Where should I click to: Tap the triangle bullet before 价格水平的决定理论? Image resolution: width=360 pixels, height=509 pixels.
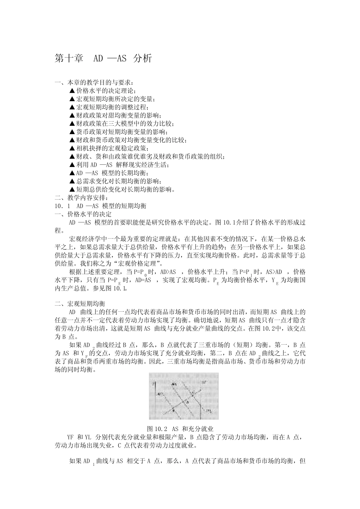click(x=72, y=91)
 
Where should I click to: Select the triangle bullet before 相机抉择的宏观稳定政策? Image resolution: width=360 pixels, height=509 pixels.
click(x=72, y=148)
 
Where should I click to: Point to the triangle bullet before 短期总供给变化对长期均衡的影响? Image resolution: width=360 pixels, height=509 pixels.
click(x=72, y=189)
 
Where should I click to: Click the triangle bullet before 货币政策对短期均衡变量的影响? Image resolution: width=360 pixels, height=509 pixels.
click(x=72, y=132)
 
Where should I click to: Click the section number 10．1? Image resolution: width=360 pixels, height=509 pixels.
click(x=63, y=206)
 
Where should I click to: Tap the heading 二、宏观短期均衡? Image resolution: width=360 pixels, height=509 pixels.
click(x=81, y=304)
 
